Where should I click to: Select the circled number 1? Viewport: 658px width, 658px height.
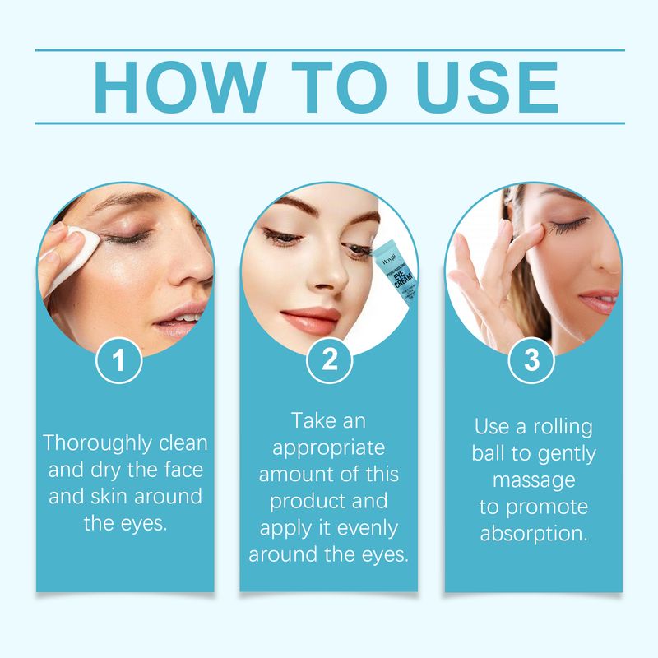[120, 363]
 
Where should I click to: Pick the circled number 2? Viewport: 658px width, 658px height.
[329, 363]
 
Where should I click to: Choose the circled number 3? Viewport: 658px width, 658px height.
[532, 363]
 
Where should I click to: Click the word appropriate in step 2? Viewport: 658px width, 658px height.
[328, 448]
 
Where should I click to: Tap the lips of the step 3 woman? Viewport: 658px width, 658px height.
[600, 300]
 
